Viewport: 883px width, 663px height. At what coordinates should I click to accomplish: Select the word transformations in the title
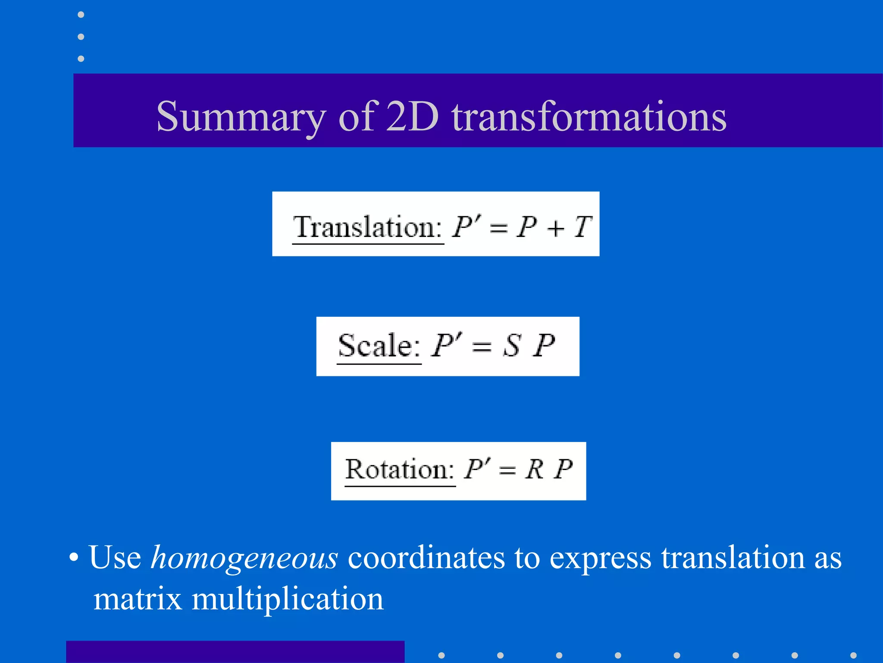point(589,117)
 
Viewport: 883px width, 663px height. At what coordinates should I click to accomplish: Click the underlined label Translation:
point(367,227)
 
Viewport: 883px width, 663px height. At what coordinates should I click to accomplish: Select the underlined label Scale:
point(379,346)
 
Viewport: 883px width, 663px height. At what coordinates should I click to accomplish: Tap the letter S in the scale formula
point(512,346)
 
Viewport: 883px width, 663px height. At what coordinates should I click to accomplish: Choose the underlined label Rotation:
point(400,470)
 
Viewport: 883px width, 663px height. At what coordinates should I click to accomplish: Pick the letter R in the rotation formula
point(535,469)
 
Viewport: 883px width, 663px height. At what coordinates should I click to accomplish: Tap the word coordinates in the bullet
point(426,558)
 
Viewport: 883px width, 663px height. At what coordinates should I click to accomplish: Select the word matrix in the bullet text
point(138,600)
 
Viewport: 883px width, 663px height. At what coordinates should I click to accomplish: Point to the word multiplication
point(287,600)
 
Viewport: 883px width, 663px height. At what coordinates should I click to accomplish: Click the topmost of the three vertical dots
point(81,15)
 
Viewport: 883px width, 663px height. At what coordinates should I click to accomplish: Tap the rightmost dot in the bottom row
point(853,655)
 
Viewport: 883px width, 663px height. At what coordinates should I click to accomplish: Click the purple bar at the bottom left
point(235,652)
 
